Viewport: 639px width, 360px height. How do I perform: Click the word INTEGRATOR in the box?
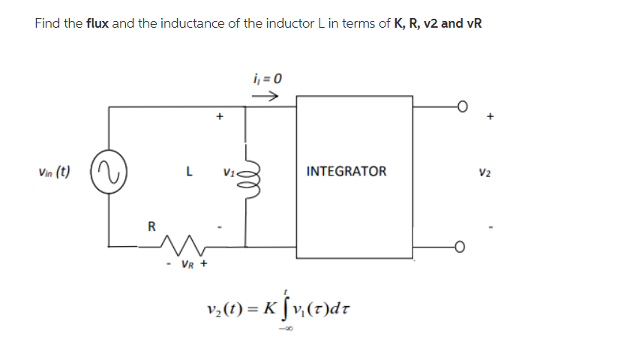coord(346,171)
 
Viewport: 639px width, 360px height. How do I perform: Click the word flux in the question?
coord(97,23)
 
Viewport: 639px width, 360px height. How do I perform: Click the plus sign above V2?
coord(491,117)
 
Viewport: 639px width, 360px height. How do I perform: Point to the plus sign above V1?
coord(220,117)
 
